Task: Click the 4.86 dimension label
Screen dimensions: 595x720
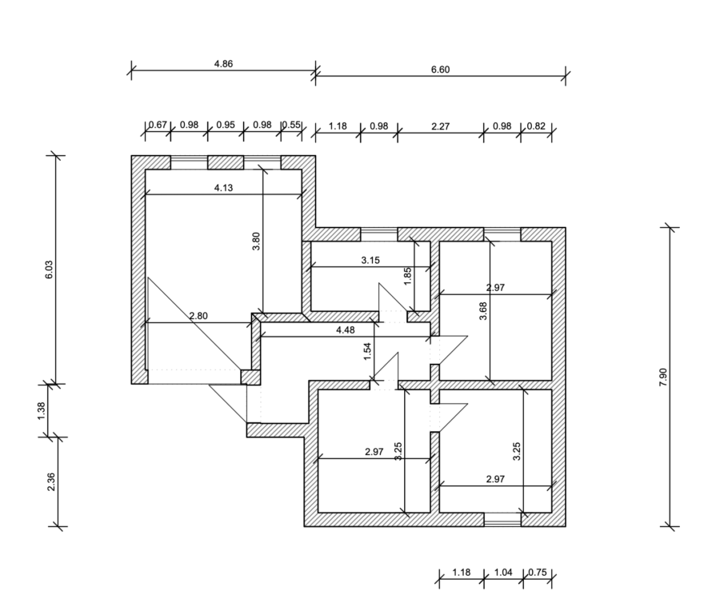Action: (x=223, y=63)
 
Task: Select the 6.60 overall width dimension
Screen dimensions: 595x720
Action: (x=440, y=69)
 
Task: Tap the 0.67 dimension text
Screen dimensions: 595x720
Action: (x=158, y=124)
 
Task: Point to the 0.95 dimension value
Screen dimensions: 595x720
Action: (x=226, y=124)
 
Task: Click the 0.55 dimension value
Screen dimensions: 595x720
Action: (x=291, y=124)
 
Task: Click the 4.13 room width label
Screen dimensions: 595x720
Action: (x=223, y=188)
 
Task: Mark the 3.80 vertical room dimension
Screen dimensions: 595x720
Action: (x=256, y=242)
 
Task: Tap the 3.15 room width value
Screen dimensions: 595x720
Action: (x=370, y=260)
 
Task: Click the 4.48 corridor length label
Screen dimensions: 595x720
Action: (x=346, y=329)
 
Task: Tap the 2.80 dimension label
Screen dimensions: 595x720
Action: (x=198, y=316)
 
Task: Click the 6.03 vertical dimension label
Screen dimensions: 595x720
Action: (x=49, y=269)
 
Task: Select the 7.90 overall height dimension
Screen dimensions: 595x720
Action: (x=663, y=377)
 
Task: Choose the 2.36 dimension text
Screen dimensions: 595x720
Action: (x=50, y=482)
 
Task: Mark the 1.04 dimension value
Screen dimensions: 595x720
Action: (x=503, y=572)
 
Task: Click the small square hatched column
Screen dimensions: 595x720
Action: (x=250, y=377)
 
